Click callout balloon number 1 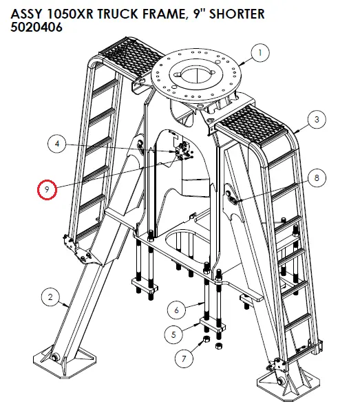tap(260, 53)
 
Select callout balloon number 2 tap(51, 297)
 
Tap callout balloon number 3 tap(317, 119)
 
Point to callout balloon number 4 tap(57, 143)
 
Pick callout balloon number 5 tap(173, 335)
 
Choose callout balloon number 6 tap(177, 310)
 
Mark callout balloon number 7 tap(184, 359)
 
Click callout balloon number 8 tap(317, 178)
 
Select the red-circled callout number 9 tap(47, 189)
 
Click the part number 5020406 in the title tap(36, 27)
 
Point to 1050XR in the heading tap(70, 14)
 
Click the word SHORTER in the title tap(237, 14)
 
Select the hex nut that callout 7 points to tap(207, 339)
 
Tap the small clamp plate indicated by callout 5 tap(213, 325)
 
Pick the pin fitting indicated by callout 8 tap(232, 200)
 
